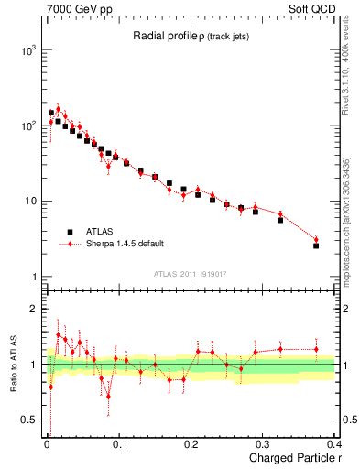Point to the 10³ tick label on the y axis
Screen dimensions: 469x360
tap(27, 50)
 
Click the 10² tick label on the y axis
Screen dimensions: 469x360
tap(27, 125)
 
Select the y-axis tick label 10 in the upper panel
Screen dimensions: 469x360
tap(30, 202)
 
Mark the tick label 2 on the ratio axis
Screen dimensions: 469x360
tap(36, 309)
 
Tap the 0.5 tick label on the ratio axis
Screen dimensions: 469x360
tap(30, 420)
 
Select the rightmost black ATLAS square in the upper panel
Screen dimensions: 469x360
tap(316, 245)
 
